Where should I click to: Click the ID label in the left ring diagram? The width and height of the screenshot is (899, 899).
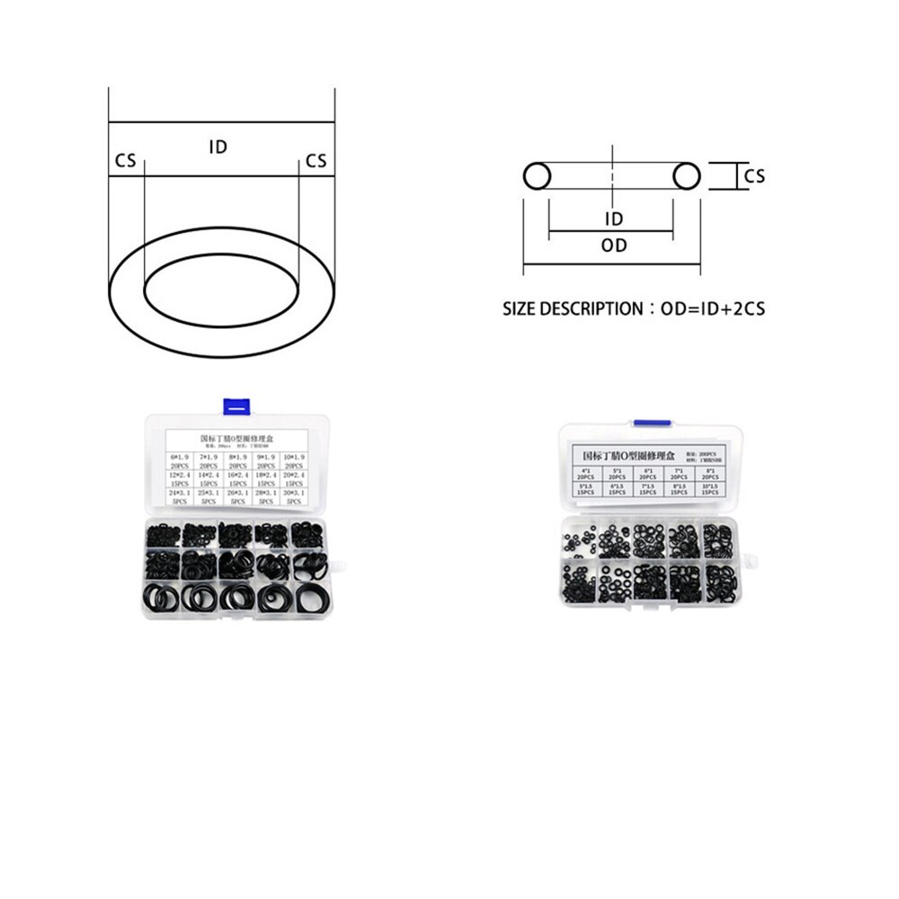coord(218,147)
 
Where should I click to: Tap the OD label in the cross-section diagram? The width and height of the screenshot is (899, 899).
coord(614,245)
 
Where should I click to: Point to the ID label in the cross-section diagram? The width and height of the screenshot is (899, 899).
coord(614,218)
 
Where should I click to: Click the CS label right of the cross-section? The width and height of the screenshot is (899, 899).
coord(754,176)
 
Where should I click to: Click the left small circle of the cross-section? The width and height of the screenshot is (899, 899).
coord(538,175)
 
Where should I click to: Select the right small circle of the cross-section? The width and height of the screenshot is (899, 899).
coord(687,175)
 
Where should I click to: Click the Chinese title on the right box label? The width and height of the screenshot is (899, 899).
coord(630,456)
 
